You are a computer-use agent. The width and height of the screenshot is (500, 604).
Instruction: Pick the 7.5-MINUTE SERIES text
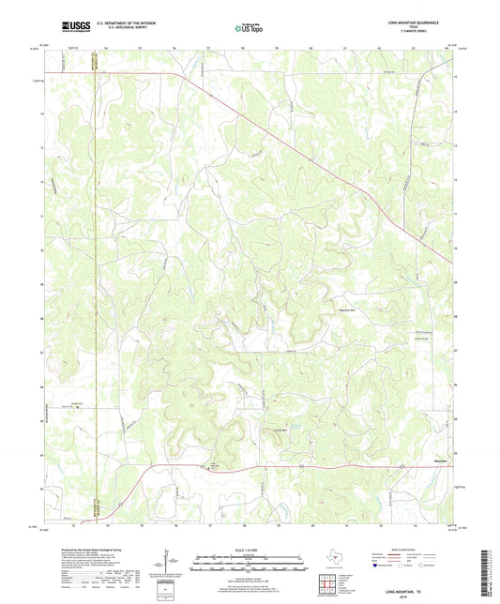pyautogui.click(x=432, y=36)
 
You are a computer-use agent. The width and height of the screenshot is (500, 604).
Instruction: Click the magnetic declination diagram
pyautogui.click(x=169, y=563)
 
